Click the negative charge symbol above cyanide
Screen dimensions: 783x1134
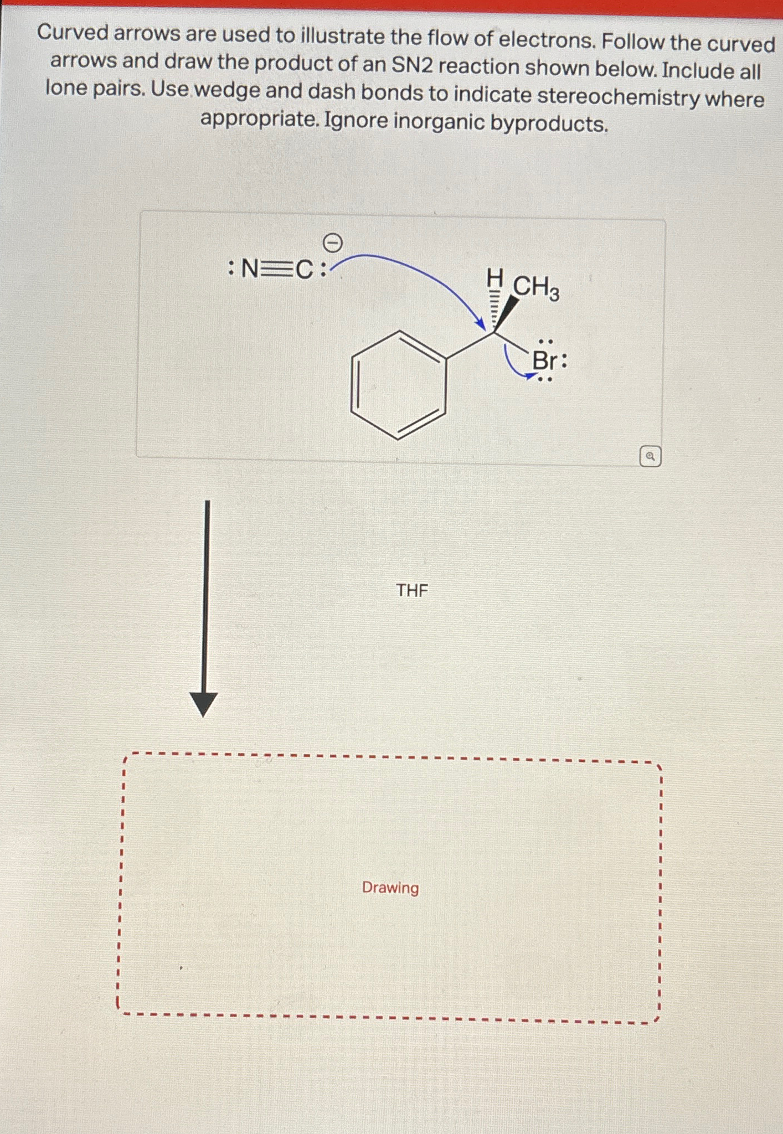pyautogui.click(x=332, y=243)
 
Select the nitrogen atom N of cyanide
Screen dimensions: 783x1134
pyautogui.click(x=250, y=270)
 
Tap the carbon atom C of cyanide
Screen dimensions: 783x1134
pyautogui.click(x=305, y=270)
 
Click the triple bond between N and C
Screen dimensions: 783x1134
pyautogui.click(x=277, y=270)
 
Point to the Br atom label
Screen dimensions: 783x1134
pyautogui.click(x=545, y=361)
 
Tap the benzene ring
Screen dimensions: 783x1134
pyautogui.click(x=398, y=386)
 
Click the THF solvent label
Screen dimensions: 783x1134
pyautogui.click(x=412, y=590)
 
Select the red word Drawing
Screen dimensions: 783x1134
pyautogui.click(x=390, y=888)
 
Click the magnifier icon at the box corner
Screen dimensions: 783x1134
pyautogui.click(x=650, y=457)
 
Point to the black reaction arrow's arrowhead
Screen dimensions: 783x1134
pyautogui.click(x=204, y=704)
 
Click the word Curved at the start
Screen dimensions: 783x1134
pyautogui.click(x=73, y=33)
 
